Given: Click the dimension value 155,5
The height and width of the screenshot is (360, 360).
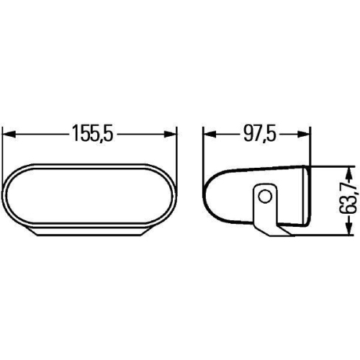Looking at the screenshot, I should click(x=93, y=134).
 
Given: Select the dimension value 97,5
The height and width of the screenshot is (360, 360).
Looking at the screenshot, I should click(x=259, y=134).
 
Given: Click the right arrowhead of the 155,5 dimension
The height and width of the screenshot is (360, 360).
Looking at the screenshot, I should click(x=171, y=134).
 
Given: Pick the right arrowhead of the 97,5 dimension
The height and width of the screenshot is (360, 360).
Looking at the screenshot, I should click(x=307, y=134).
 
